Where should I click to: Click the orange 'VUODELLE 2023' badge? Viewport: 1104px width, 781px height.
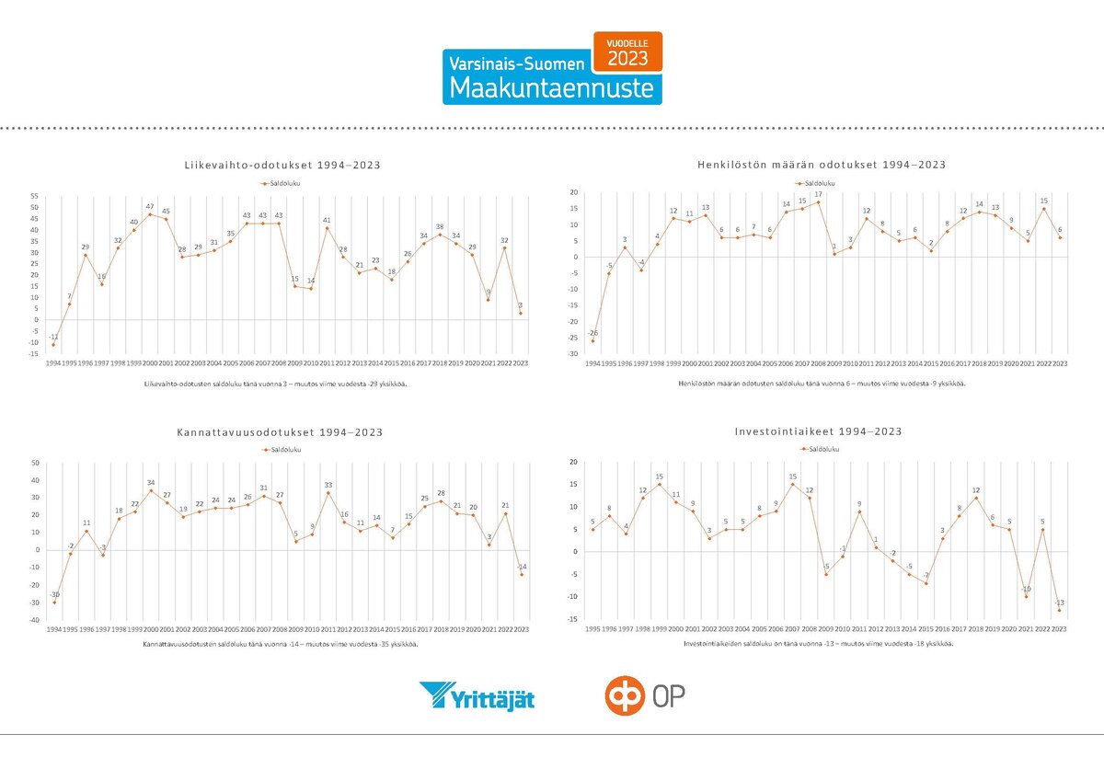coord(627,52)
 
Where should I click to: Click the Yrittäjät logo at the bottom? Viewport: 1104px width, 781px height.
coord(477,696)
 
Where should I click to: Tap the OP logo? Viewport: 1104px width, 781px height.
coord(645,696)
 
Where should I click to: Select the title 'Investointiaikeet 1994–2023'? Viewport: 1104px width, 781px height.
coord(817,431)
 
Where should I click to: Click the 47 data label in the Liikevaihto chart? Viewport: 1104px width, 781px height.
coord(150,206)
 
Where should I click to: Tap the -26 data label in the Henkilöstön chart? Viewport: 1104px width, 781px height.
coord(592,332)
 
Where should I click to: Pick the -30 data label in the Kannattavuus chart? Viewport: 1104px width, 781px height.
coord(54,594)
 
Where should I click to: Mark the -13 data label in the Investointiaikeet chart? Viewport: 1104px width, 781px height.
coord(1060,602)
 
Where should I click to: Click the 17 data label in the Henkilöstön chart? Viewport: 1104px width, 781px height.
coord(818,194)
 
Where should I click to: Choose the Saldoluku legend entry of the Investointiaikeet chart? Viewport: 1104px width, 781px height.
coord(820,449)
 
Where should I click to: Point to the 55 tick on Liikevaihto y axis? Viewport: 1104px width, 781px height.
coord(35,196)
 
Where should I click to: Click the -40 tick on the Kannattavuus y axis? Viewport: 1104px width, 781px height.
coord(33,620)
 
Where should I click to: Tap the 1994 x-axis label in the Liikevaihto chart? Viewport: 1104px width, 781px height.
coord(54,363)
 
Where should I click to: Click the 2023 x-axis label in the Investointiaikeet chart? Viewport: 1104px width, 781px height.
coord(1060,629)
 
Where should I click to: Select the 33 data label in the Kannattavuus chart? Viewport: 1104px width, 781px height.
coord(328,485)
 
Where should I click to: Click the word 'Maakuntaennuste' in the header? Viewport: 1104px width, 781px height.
coord(551,87)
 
